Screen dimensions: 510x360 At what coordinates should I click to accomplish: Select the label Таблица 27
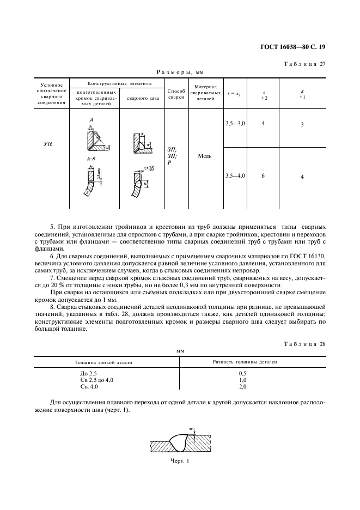pyautogui.click(x=304, y=64)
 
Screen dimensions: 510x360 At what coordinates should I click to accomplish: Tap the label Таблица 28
pyautogui.click(x=304, y=344)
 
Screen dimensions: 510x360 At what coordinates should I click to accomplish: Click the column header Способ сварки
pyautogui.click(x=176, y=94)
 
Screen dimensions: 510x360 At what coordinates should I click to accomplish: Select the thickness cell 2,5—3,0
pyautogui.click(x=235, y=124)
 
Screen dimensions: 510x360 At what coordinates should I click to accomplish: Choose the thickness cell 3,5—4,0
pyautogui.click(x=235, y=176)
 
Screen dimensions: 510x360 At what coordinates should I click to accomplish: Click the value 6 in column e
pyautogui.click(x=263, y=176)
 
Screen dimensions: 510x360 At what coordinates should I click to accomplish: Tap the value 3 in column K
pyautogui.click(x=302, y=125)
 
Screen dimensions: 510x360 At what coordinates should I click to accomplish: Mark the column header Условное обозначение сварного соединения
pyautogui.click(x=52, y=94)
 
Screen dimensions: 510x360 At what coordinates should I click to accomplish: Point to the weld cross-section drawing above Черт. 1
pyautogui.click(x=180, y=442)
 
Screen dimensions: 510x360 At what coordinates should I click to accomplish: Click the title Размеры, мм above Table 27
pyautogui.click(x=180, y=71)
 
